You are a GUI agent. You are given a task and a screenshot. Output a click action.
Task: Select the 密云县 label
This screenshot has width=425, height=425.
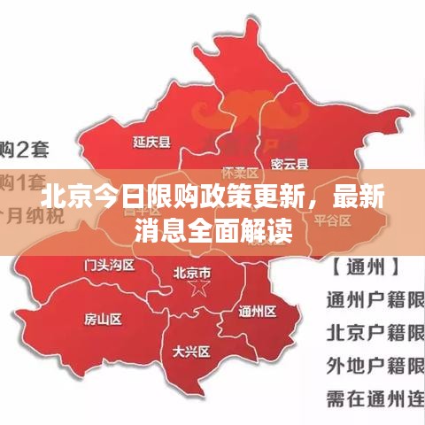click(290, 163)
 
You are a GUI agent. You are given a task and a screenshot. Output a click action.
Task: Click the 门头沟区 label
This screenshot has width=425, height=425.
click(109, 265)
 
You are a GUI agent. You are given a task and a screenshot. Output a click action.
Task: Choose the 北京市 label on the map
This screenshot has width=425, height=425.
click(192, 272)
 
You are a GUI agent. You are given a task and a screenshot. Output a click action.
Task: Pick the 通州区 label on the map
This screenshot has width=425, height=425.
click(257, 311)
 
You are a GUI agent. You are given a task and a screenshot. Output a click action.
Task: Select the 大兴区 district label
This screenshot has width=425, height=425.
click(191, 352)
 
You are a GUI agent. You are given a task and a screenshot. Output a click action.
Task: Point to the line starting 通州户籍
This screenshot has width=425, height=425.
click(375, 298)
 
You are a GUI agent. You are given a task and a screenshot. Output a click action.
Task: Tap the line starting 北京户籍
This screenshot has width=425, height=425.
click(375, 333)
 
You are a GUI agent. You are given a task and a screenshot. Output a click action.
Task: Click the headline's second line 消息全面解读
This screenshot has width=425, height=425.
click(212, 230)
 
